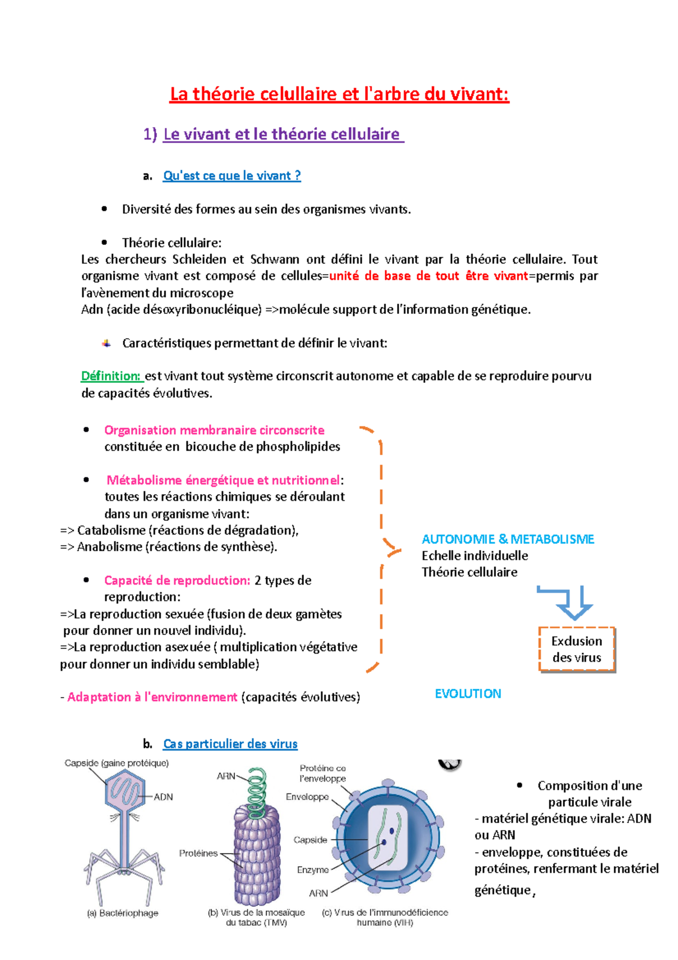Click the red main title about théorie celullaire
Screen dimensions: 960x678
tap(339, 94)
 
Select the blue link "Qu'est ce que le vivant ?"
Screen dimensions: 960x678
tap(232, 176)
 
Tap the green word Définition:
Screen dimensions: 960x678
tap(111, 376)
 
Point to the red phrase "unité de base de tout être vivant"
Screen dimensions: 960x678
tap(428, 276)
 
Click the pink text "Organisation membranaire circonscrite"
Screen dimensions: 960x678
tap(214, 430)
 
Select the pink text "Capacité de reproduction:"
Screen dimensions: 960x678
tap(177, 581)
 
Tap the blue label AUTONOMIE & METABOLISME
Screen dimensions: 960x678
tap(508, 539)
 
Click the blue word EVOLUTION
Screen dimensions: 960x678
tap(468, 694)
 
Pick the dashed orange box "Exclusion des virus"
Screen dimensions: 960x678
tap(577, 649)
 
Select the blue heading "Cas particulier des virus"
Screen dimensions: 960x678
tap(230, 744)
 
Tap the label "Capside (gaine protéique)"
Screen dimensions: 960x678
tap(116, 763)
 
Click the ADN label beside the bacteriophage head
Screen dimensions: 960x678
tap(163, 797)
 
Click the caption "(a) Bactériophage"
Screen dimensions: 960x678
tap(123, 913)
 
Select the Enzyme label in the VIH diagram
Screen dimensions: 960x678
tap(312, 870)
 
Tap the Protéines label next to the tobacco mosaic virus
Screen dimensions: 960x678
tap(198, 853)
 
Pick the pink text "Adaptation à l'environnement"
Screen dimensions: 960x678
tap(152, 697)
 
